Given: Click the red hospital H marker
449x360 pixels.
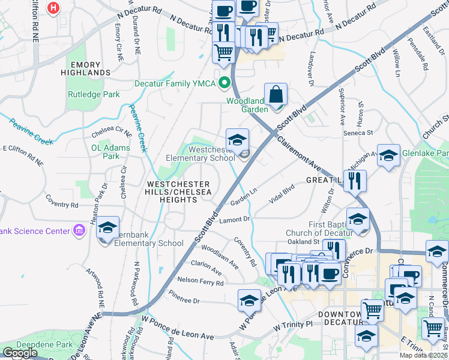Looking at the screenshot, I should click(54, 8).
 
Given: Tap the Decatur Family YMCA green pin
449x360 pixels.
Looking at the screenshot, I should click(225, 83).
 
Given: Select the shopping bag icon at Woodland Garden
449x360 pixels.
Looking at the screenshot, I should click(276, 94).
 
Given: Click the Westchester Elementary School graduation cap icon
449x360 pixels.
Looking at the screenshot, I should click(237, 140).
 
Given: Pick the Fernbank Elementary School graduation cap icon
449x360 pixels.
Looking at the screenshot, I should click(108, 227).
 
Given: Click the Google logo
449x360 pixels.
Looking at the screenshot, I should click(20, 353).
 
